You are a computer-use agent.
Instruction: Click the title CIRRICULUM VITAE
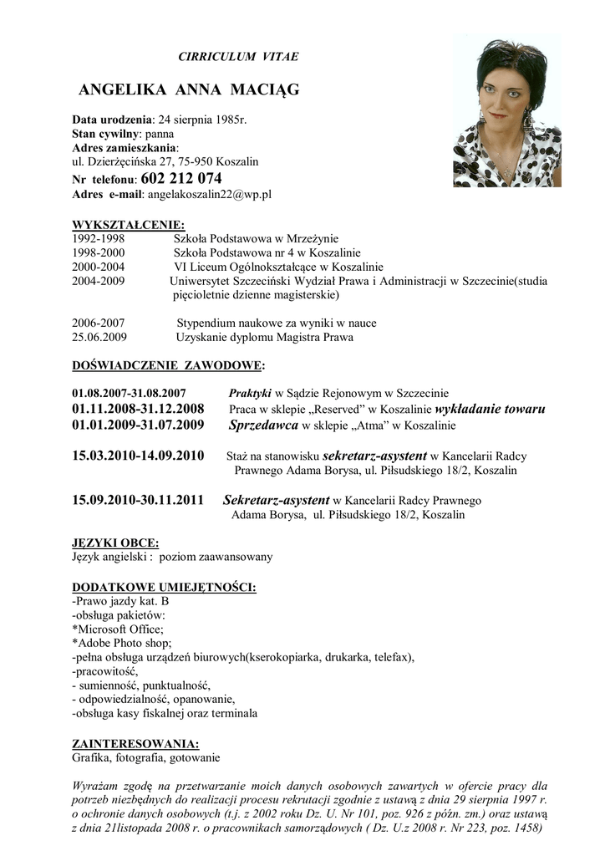pyautogui.click(x=238, y=57)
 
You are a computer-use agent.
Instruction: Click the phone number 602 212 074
pyautogui.click(x=181, y=178)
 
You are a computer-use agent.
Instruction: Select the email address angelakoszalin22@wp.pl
pyautogui.click(x=209, y=194)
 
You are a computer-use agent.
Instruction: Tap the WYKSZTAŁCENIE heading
pyautogui.click(x=129, y=225)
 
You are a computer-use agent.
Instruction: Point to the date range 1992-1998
pyautogui.click(x=99, y=237)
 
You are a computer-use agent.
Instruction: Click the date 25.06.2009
pyautogui.click(x=99, y=338)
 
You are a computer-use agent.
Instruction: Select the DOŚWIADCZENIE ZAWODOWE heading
pyautogui.click(x=169, y=365)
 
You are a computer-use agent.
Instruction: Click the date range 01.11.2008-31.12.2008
pyautogui.click(x=139, y=409)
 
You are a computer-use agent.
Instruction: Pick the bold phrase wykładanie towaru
pyautogui.click(x=491, y=409)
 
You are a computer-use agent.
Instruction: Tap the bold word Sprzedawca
pyautogui.click(x=263, y=425)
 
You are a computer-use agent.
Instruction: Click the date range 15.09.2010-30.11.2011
pyautogui.click(x=139, y=500)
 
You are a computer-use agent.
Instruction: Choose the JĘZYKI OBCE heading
pyautogui.click(x=115, y=543)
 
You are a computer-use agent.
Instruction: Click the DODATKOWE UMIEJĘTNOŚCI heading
pyautogui.click(x=165, y=587)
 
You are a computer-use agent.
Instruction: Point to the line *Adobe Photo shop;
pyautogui.click(x=122, y=643)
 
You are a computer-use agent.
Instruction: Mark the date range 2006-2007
pyautogui.click(x=99, y=323)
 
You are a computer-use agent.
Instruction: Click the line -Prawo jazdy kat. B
pyautogui.click(x=121, y=600)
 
